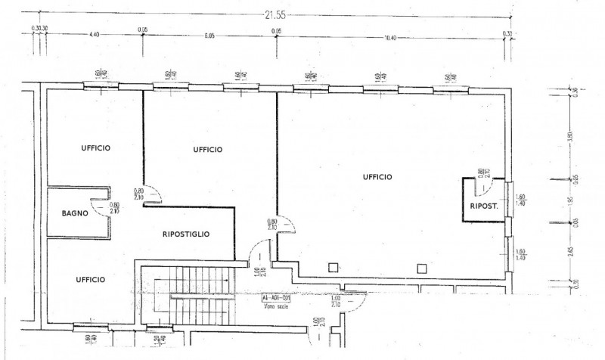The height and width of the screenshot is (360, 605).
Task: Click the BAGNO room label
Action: click(x=76, y=213)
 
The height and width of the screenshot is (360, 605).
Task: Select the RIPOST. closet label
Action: click(x=482, y=205)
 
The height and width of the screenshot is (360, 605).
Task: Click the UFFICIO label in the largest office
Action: click(x=377, y=176)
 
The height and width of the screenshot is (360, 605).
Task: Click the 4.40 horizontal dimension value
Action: click(x=95, y=36)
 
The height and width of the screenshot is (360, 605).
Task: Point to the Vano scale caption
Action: click(x=272, y=306)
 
